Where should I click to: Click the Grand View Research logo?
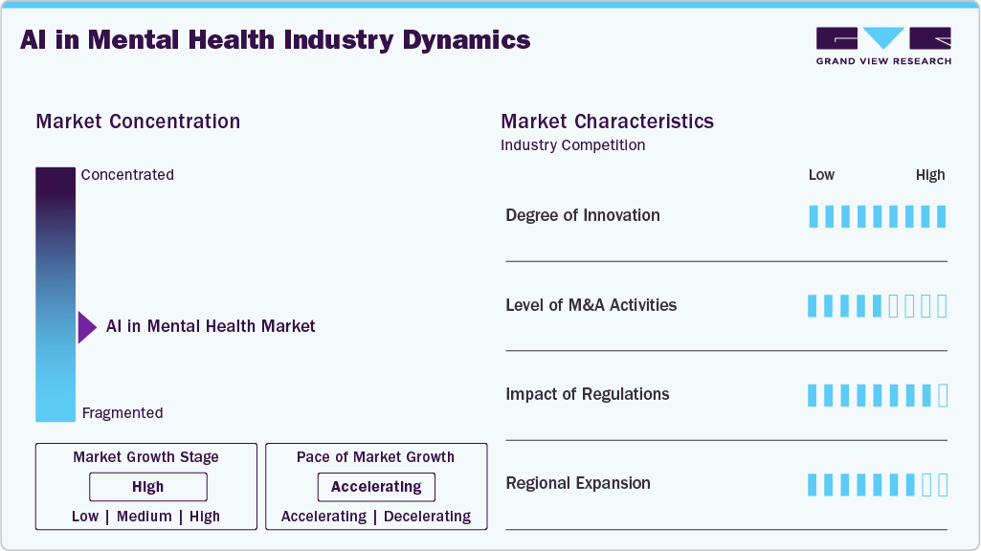click(882, 45)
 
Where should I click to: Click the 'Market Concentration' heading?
click(138, 121)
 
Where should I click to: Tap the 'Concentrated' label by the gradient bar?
click(127, 175)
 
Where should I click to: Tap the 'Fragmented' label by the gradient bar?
click(123, 413)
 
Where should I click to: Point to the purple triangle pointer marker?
click(87, 327)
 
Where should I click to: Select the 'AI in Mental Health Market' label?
click(211, 326)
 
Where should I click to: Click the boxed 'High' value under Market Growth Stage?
click(148, 487)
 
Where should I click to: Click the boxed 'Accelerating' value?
click(376, 487)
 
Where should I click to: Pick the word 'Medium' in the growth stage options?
click(145, 517)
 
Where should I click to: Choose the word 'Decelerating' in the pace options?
click(428, 517)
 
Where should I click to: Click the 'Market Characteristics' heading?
click(607, 121)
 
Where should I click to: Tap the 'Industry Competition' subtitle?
click(572, 145)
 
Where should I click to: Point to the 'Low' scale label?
click(821, 175)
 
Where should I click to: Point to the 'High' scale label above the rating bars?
click(930, 175)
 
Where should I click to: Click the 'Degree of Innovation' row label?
click(583, 215)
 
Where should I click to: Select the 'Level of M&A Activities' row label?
click(591, 305)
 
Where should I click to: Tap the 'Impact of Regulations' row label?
click(588, 394)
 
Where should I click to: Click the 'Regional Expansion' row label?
click(578, 483)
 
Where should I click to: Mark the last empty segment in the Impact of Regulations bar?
click(943, 395)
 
